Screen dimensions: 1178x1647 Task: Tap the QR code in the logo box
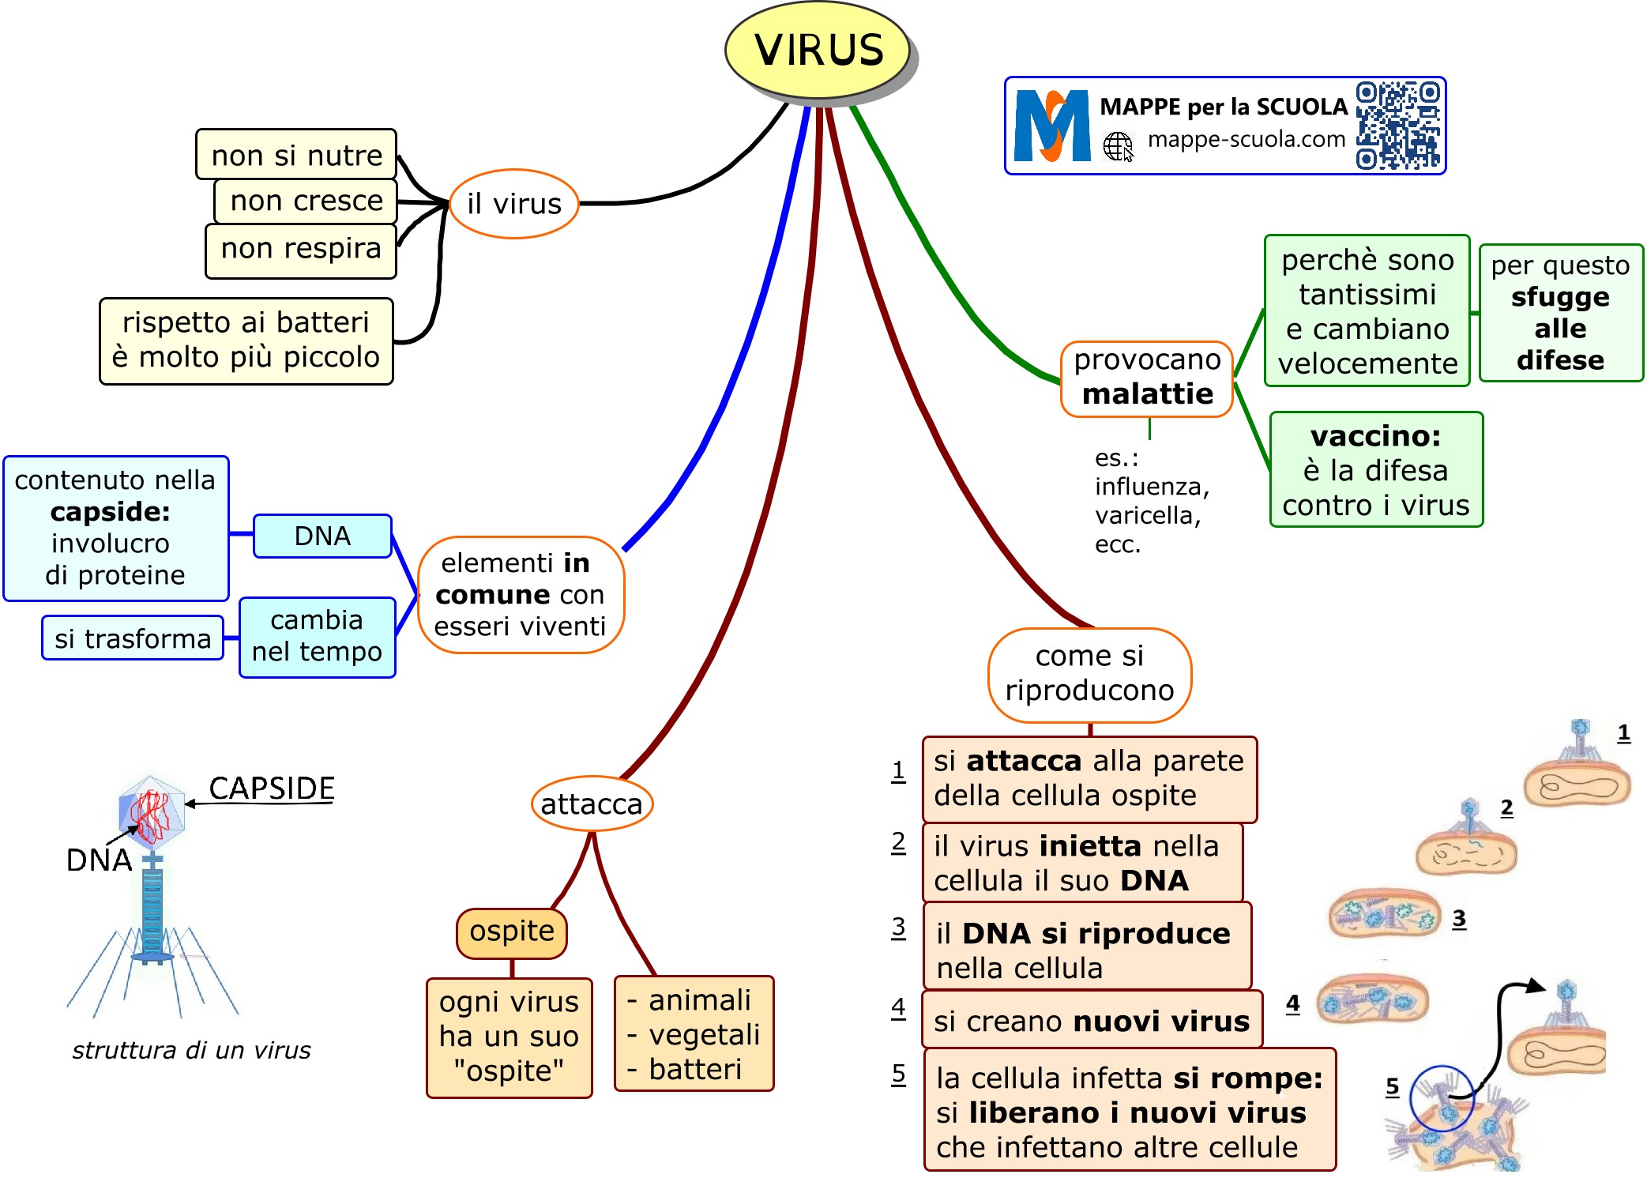(1397, 126)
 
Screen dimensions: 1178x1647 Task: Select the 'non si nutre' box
(296, 155)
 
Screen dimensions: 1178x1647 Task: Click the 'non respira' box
(300, 250)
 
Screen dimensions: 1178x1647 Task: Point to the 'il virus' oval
(514, 204)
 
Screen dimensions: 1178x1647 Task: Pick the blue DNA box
(322, 536)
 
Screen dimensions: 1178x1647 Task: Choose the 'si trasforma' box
(133, 638)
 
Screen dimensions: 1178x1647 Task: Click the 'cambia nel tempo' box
(317, 637)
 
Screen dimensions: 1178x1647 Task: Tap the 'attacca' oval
(592, 804)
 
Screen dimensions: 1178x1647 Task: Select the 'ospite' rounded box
(512, 932)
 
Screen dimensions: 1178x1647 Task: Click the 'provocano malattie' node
(1147, 378)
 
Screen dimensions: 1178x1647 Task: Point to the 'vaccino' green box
(1376, 469)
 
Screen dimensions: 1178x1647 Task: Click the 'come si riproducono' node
(1089, 675)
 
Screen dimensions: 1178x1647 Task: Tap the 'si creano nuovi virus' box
(1092, 1021)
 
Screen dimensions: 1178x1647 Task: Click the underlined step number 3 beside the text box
(898, 927)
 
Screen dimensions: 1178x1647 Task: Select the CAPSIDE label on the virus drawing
(272, 788)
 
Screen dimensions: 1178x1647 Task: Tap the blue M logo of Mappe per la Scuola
(1051, 126)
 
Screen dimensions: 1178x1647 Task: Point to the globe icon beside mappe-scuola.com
(1118, 146)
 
